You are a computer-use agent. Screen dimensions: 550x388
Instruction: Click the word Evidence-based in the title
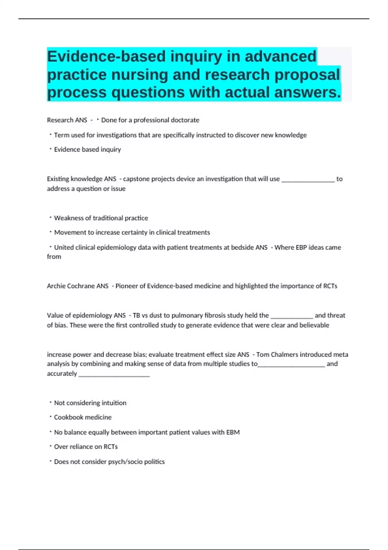[x=107, y=56]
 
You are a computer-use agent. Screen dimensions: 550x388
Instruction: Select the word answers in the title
[x=307, y=92]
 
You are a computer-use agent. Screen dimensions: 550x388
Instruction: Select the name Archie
[x=56, y=286]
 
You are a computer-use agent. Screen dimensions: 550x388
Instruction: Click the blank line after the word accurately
[x=114, y=375]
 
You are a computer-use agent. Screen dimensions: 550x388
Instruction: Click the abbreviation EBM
[x=233, y=432]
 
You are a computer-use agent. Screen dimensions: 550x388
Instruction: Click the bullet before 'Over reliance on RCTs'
[x=50, y=446]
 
